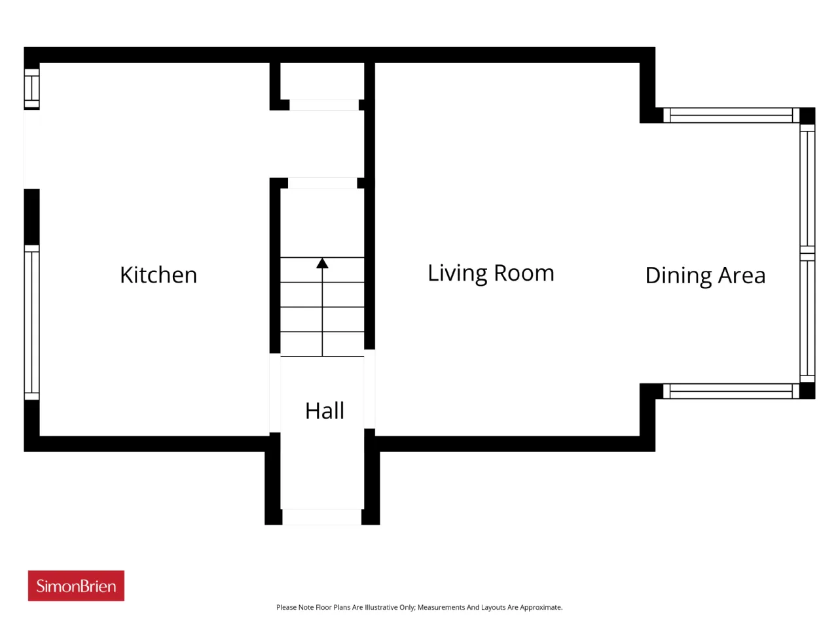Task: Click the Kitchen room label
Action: [x=158, y=275]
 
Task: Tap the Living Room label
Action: [x=490, y=273]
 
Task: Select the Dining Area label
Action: [x=705, y=275]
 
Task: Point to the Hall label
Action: [x=325, y=411]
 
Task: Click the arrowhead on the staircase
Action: [x=322, y=263]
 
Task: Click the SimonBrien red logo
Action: [x=76, y=585]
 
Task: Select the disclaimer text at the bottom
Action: [x=419, y=608]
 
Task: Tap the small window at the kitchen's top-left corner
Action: [x=31, y=88]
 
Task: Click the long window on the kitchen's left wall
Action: [x=31, y=323]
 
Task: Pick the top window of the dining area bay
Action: [x=731, y=115]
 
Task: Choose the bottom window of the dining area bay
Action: [x=731, y=391]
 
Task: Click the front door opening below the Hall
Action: [x=322, y=517]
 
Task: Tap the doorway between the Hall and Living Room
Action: [x=369, y=389]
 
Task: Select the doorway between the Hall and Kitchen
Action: [x=275, y=392]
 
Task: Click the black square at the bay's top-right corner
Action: [x=807, y=116]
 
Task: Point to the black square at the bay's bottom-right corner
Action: [x=807, y=391]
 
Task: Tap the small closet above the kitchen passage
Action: [x=322, y=81]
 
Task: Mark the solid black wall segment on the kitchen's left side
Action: [x=31, y=217]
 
